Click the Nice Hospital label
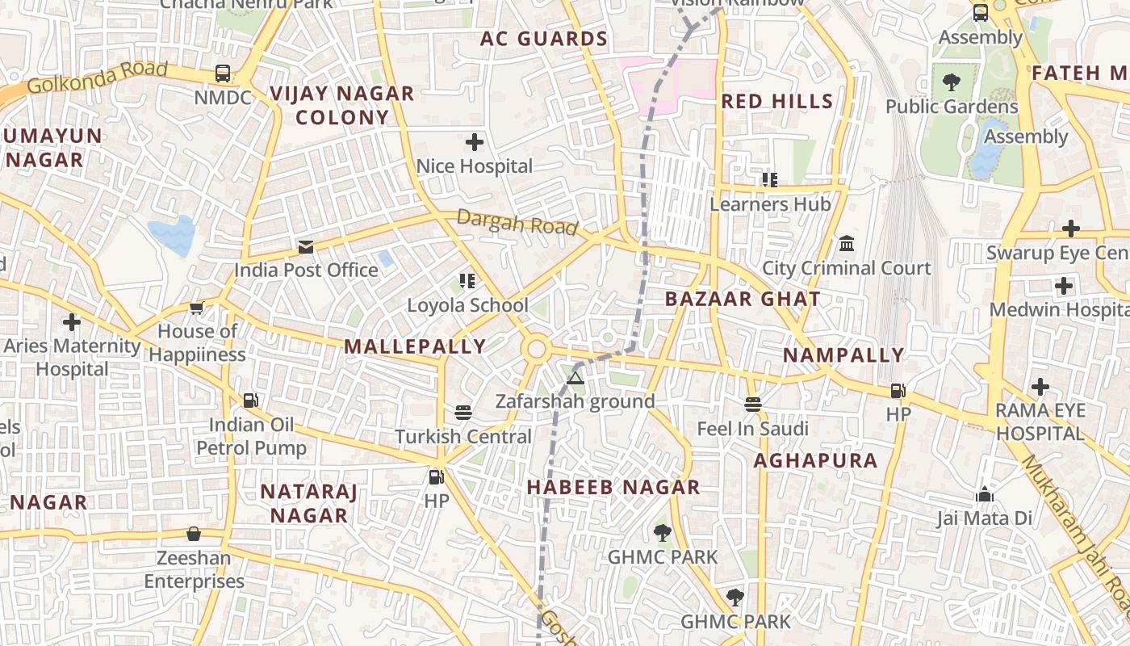coord(474,166)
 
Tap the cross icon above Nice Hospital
coord(475,143)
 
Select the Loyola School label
coord(467,305)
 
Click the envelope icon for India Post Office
coord(306,246)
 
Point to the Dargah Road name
coord(517,222)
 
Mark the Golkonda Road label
coord(97,78)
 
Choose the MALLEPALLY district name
coord(415,346)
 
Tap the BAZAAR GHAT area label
coord(743,299)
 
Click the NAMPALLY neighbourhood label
coord(843,355)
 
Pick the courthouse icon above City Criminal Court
coord(847,243)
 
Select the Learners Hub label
coord(770,204)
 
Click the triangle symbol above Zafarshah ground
coord(575,378)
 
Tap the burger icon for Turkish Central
coord(463,413)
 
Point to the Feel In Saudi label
coord(752,429)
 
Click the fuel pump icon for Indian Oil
coord(251,401)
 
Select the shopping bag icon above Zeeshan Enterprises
coord(194,534)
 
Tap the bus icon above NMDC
coord(223,73)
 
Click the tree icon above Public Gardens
coord(952,82)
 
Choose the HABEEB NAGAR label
coord(613,487)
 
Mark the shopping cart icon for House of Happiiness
coord(197,308)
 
